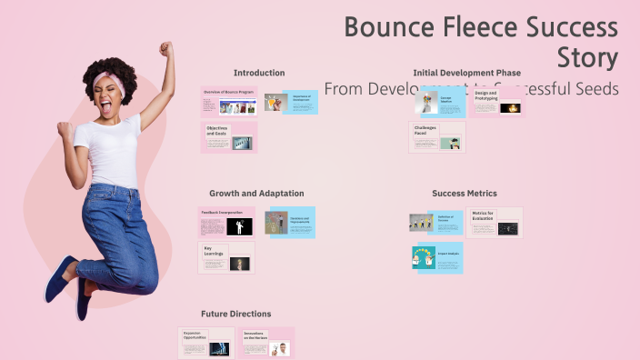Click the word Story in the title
tap(587, 58)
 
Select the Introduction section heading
tap(259, 73)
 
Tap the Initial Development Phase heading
tap(466, 73)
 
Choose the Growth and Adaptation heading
tap(256, 194)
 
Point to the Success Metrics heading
tap(465, 194)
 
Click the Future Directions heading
tap(236, 314)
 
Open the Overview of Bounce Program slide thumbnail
tap(228, 102)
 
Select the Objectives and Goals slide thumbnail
tap(228, 137)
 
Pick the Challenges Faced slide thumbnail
tap(437, 137)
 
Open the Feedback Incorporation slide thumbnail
tap(227, 223)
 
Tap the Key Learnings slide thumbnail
tap(227, 258)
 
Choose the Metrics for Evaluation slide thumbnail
tap(495, 223)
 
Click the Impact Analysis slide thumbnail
tap(437, 258)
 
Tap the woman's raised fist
tap(165, 49)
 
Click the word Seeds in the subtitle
tap(595, 89)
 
